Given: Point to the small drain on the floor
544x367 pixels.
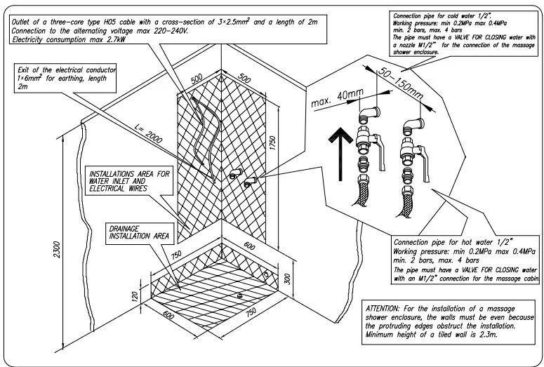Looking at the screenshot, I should [x=240, y=296].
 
